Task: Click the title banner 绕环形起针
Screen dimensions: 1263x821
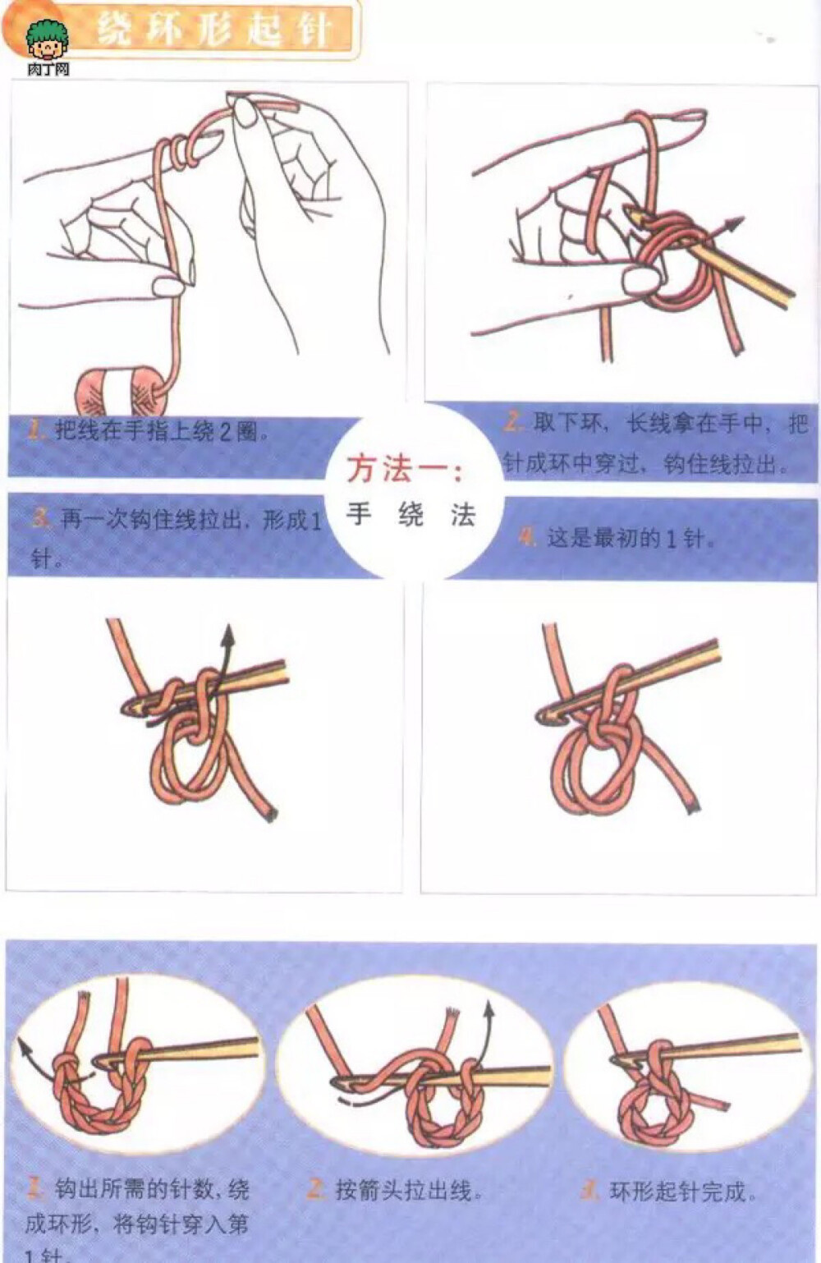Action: [x=213, y=30]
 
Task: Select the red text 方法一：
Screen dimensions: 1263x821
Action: [x=405, y=470]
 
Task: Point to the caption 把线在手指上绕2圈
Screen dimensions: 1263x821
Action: [x=161, y=430]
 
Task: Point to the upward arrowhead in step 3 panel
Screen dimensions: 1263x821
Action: [x=227, y=635]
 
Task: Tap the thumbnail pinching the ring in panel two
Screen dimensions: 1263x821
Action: [x=640, y=282]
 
